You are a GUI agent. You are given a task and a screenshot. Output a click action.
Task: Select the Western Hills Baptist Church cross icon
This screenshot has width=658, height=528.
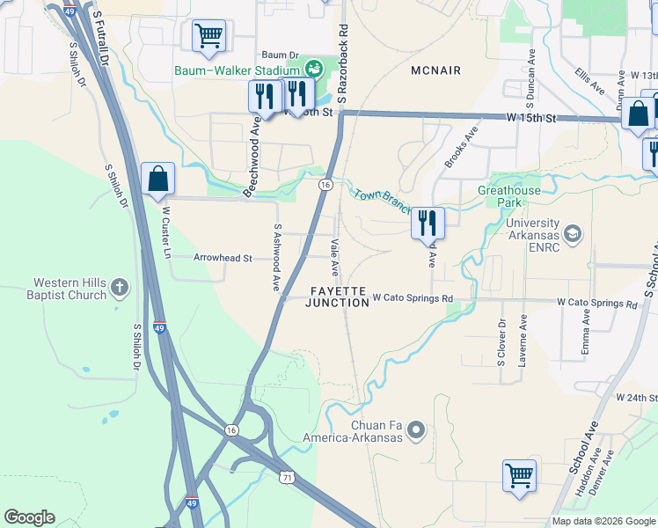click(120, 288)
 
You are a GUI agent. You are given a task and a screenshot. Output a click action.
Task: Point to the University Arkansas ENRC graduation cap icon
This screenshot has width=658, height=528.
click(573, 233)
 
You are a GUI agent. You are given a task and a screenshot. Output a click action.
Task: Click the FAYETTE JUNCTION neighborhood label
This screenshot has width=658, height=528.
click(337, 296)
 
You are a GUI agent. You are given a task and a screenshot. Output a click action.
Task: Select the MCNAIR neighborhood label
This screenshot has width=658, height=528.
click(436, 70)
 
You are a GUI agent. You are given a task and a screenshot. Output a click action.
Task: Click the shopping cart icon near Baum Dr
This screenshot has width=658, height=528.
click(208, 36)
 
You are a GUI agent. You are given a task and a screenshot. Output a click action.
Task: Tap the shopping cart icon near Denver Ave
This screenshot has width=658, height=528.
click(519, 475)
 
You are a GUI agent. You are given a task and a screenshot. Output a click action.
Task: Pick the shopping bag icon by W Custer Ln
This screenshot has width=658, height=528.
click(157, 179)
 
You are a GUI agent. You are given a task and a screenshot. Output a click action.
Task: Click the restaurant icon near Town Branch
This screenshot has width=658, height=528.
click(428, 223)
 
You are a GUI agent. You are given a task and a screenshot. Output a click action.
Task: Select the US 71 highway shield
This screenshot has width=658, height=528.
click(287, 476)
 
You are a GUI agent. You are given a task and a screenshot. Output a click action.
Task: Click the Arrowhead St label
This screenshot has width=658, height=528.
click(223, 259)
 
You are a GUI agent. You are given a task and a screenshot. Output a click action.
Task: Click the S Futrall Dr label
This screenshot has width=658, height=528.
click(102, 35)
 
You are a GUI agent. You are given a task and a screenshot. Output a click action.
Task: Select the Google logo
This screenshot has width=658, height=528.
click(29, 517)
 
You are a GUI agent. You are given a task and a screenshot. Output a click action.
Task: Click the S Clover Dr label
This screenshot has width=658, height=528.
click(502, 350)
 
